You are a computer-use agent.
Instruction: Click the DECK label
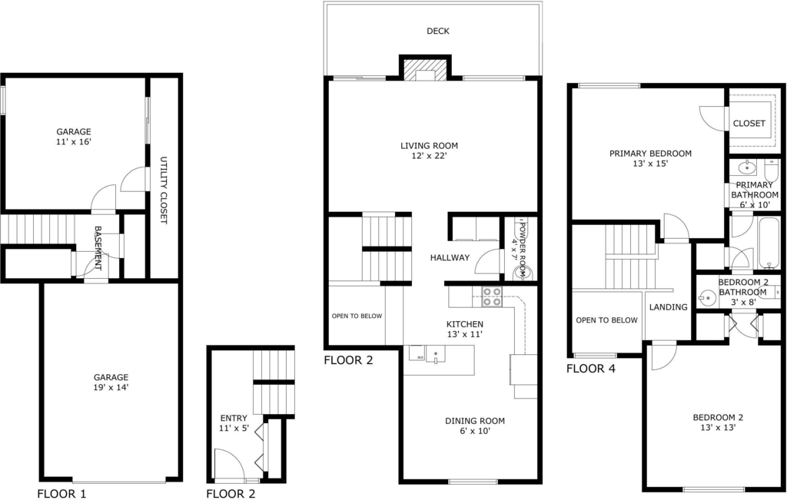pos(437,31)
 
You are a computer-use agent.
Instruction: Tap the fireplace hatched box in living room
pos(426,71)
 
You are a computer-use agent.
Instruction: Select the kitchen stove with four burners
pos(491,296)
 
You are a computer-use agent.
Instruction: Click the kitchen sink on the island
pos(436,354)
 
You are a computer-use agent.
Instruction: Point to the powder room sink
pos(521,272)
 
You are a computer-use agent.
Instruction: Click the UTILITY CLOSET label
pos(163,190)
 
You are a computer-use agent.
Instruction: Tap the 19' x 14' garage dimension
pos(111,387)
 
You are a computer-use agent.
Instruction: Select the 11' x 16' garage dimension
pos(73,142)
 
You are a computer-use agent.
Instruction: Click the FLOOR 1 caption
pos(61,494)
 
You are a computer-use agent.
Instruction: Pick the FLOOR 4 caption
pos(591,369)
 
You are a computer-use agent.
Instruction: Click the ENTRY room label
pos(234,419)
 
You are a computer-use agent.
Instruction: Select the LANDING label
pos(668,307)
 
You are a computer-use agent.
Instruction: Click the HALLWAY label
pos(450,258)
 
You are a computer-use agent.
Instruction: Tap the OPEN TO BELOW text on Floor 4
pos(607,320)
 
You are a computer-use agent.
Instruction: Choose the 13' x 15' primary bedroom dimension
pos(650,164)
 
